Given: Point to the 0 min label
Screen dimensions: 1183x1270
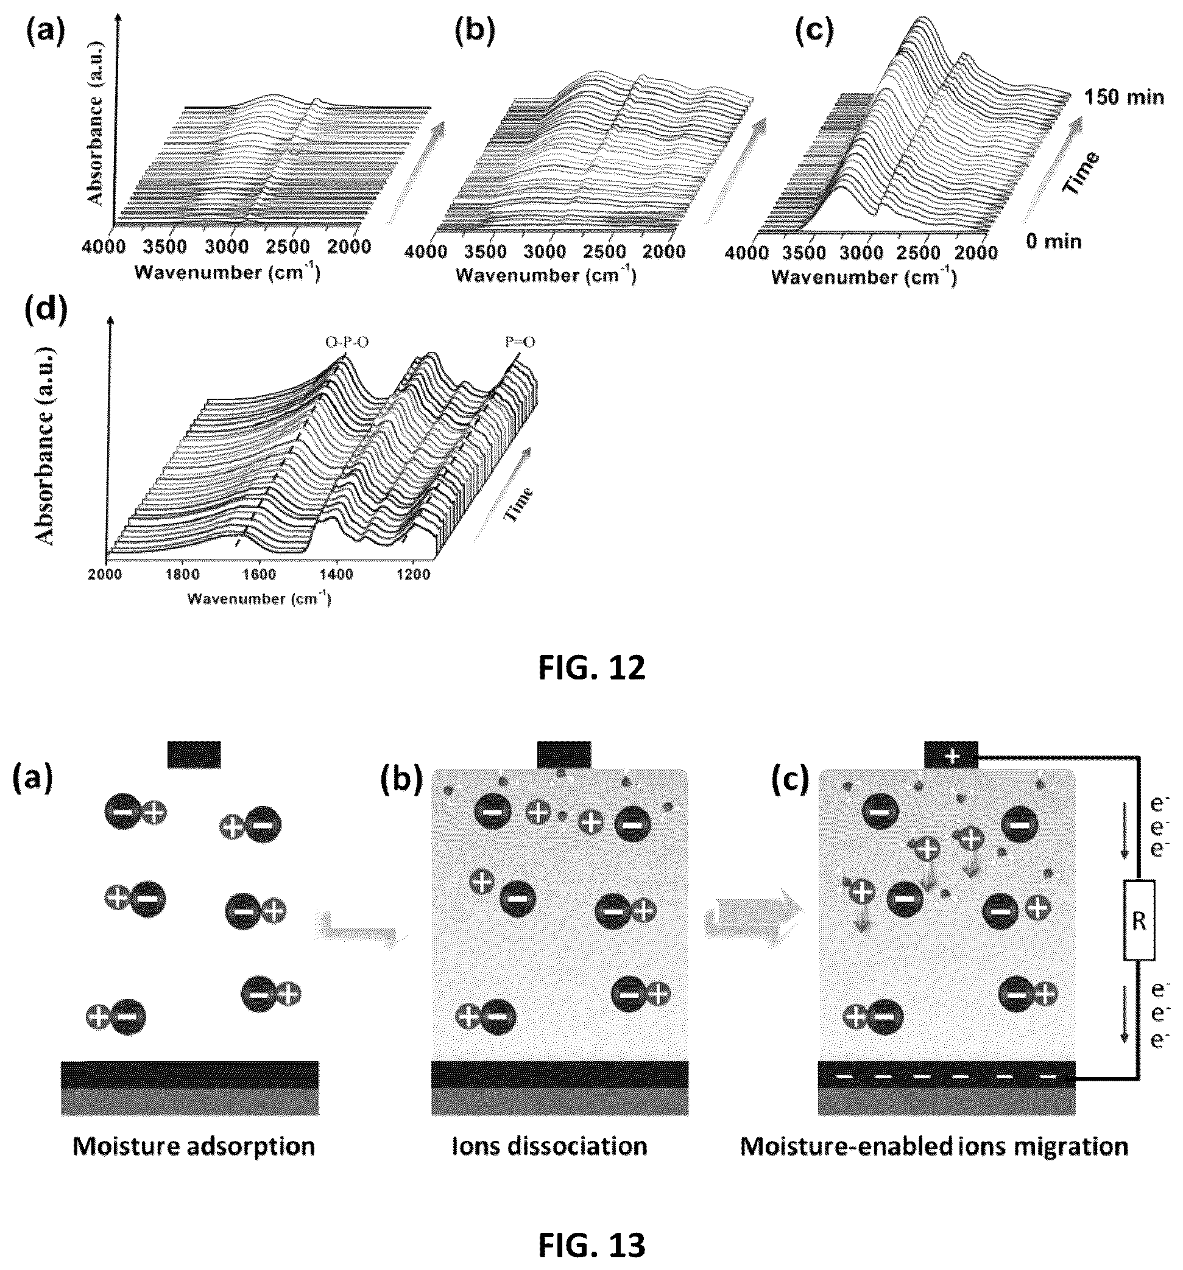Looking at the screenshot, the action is [x=1054, y=242].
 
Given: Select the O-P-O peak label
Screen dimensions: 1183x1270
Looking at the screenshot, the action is [x=347, y=343].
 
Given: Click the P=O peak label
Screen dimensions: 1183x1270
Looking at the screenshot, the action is [x=520, y=342].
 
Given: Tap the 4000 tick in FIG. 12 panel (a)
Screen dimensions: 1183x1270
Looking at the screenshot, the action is [x=104, y=246].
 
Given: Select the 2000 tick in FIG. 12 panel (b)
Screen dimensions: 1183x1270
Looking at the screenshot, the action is [x=664, y=251].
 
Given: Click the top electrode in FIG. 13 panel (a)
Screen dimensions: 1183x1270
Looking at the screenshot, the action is [x=194, y=754].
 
